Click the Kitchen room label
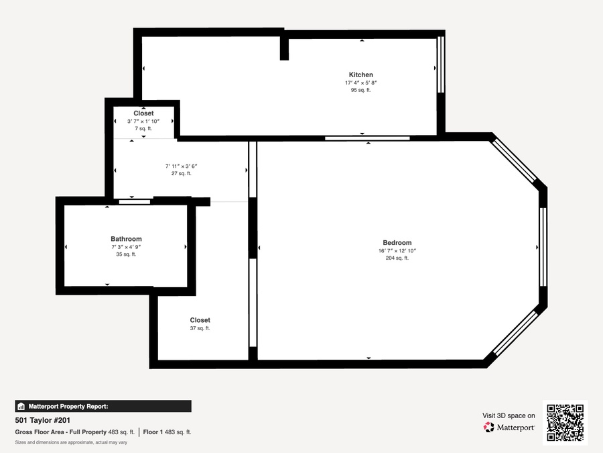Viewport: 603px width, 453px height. pos(360,74)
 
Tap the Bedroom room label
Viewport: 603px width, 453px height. pos(397,243)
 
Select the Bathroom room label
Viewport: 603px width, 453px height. pos(126,239)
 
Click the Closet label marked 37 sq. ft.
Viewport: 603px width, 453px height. pos(200,320)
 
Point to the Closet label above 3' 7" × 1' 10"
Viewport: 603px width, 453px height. pos(143,113)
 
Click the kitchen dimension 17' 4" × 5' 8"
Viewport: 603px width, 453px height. pos(360,83)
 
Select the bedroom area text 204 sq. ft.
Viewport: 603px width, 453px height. pos(397,258)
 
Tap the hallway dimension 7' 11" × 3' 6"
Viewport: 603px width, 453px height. pos(181,166)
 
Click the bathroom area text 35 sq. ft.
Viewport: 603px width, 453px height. pos(126,254)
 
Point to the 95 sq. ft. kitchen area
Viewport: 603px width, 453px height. pos(360,90)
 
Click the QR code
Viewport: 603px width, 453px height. pos(565,423)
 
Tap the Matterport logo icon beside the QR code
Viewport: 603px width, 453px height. pos(489,427)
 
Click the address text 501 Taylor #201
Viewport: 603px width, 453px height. pos(43,420)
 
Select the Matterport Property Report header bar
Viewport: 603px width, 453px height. pos(103,407)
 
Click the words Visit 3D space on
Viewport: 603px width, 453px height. pos(509,415)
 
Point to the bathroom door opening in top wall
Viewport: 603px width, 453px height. pos(134,202)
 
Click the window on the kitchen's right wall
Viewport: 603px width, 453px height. pos(441,64)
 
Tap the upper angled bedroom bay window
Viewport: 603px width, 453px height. pos(515,160)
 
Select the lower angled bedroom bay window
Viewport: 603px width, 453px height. pos(515,333)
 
